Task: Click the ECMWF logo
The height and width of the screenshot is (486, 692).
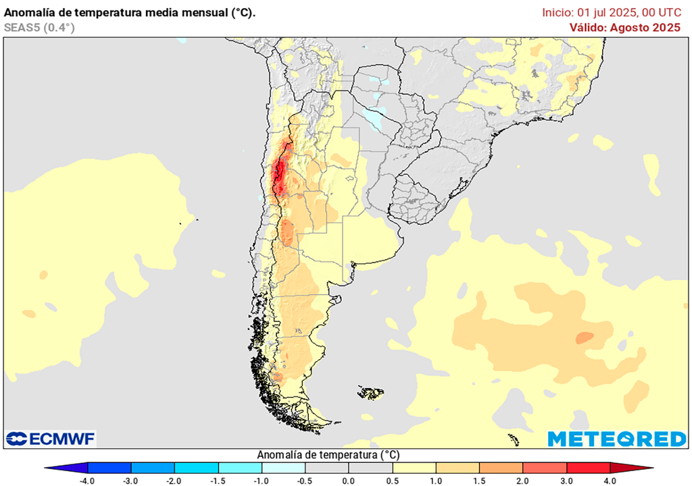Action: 51,439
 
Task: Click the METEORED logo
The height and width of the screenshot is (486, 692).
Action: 616,439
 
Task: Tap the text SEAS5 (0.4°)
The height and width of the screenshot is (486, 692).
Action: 39,28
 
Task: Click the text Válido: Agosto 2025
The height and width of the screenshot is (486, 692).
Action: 625,28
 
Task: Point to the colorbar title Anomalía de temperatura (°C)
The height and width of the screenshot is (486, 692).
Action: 327,455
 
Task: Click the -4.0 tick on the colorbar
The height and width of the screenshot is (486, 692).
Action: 86,480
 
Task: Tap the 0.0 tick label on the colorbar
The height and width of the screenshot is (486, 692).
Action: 348,480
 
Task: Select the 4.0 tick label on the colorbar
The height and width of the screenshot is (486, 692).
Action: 610,480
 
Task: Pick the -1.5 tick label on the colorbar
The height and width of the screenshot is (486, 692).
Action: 218,480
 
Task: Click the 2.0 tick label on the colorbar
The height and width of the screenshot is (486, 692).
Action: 523,480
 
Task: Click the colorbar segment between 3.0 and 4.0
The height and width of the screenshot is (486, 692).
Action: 588,467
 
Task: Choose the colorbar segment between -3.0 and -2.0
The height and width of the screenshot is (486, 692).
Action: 152,467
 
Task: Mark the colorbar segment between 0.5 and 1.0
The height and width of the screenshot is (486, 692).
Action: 414,467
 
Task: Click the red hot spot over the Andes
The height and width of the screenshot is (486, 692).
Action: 279,174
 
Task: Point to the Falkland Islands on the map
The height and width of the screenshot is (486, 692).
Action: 371,392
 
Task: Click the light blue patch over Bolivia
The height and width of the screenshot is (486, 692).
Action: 374,118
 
